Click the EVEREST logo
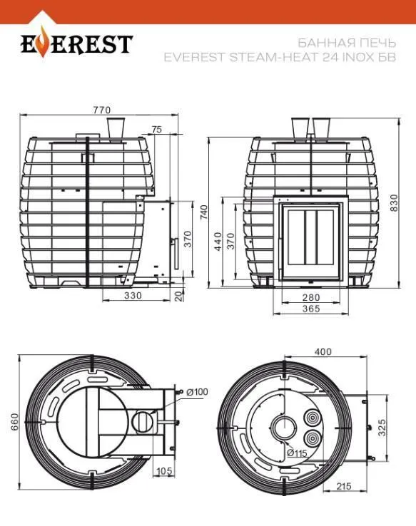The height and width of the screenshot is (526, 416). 76,44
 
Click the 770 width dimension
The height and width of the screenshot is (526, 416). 101,110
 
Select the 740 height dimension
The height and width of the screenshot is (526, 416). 204,212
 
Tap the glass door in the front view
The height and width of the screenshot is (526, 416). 310,242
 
